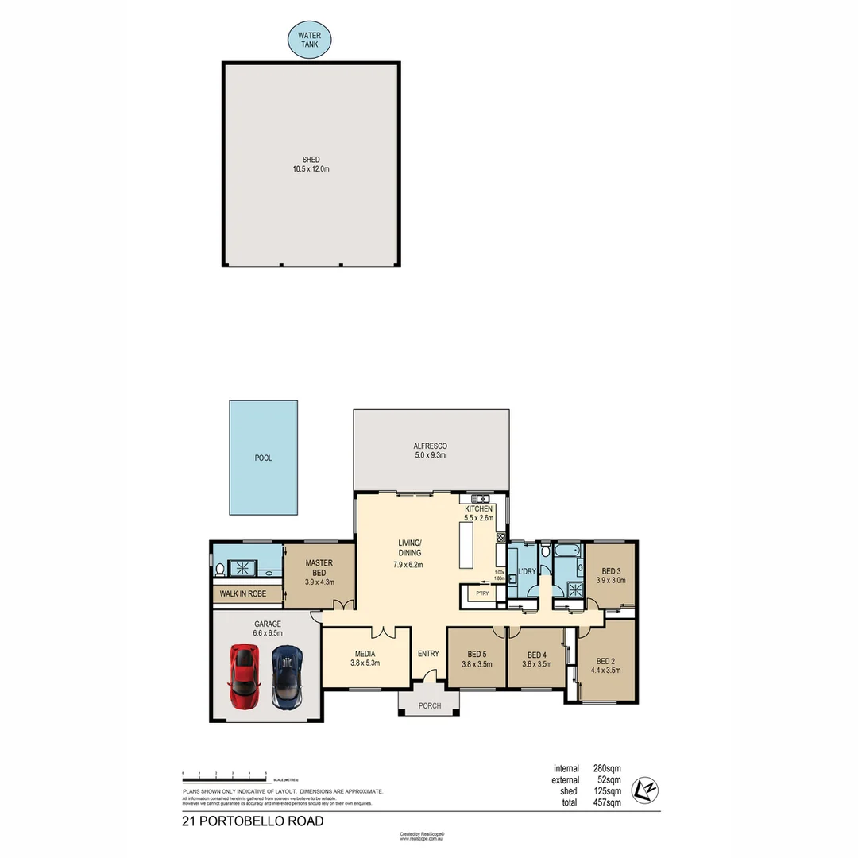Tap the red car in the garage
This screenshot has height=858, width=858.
245,676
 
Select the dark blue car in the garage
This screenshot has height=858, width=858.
287,676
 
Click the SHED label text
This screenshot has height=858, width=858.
311,160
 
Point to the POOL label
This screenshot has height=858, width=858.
263,458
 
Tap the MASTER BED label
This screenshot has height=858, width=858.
319,567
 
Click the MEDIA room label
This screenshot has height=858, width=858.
365,653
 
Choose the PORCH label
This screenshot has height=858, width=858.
429,705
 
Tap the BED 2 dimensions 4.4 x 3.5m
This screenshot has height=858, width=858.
605,670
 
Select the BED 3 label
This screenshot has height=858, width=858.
610,570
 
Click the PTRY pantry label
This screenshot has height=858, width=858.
481,593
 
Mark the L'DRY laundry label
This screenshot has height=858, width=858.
525,572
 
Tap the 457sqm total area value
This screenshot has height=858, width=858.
606,803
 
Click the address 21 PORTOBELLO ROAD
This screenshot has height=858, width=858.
253,821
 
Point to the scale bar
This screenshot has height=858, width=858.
224,773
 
